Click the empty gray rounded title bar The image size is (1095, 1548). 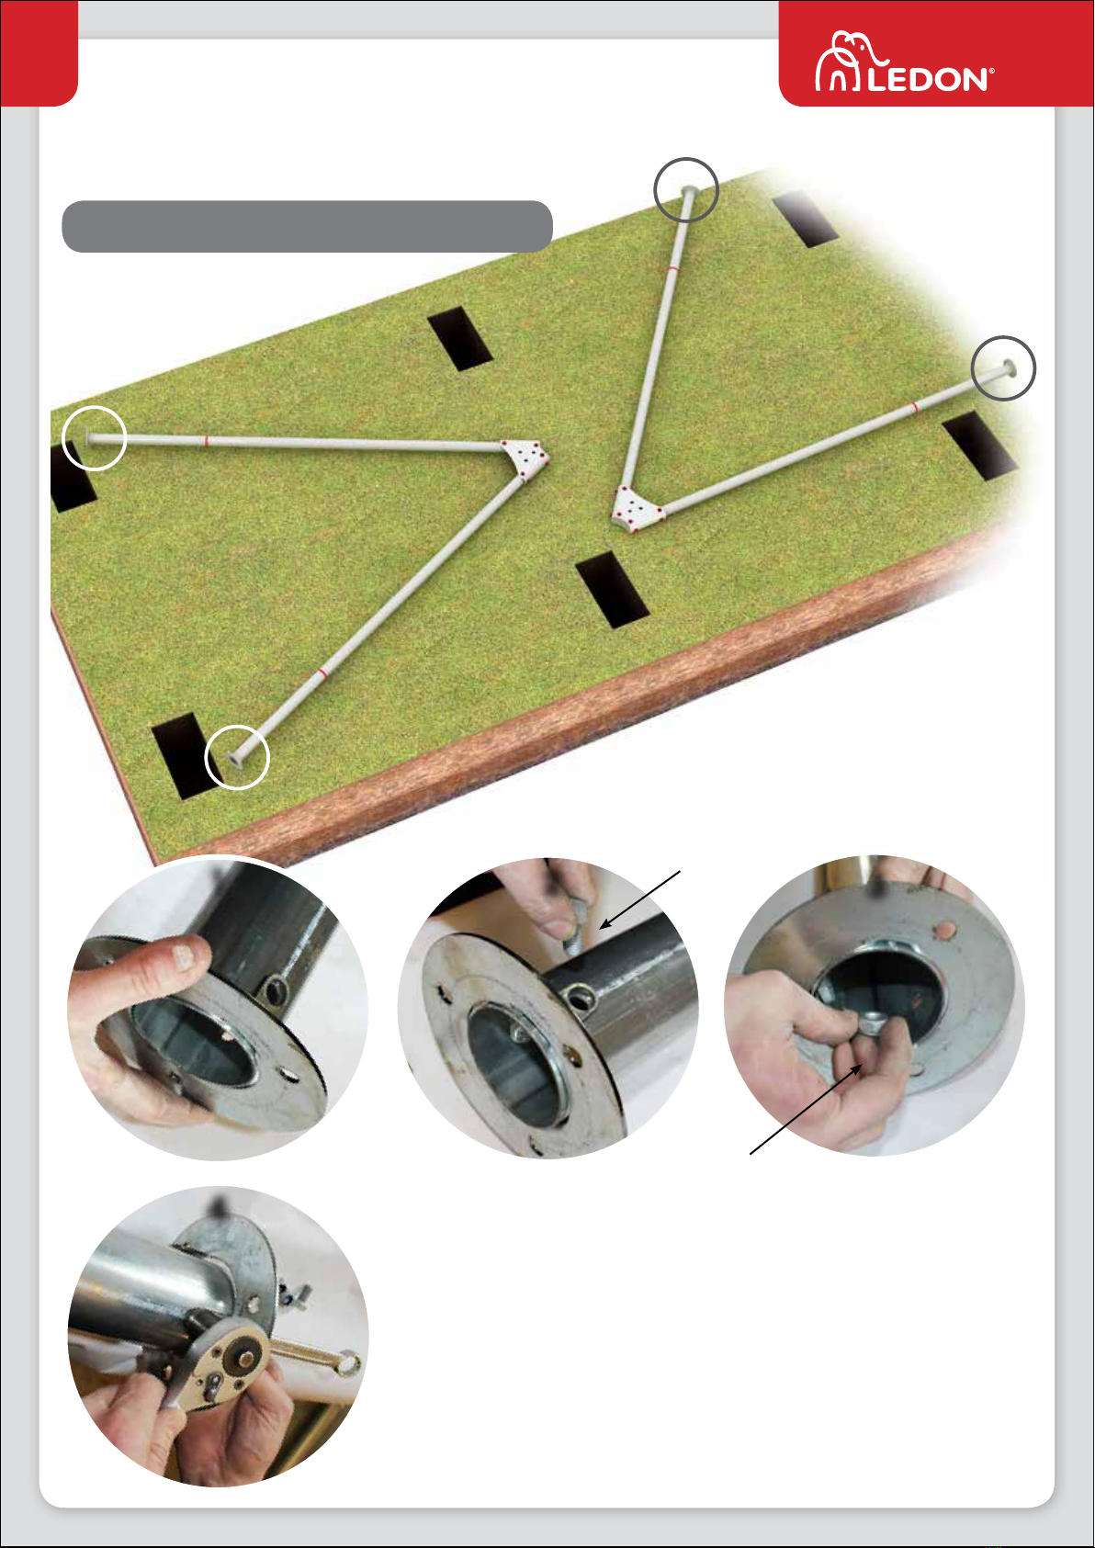coord(307,227)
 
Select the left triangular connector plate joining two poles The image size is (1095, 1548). coord(525,457)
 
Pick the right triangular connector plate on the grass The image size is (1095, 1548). coord(636,510)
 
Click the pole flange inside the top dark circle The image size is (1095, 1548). coord(689,190)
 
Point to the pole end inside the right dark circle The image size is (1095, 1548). coord(1009,367)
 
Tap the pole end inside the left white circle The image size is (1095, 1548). coord(88,436)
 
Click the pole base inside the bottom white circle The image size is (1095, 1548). coord(235,758)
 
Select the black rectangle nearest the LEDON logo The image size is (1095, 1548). coord(805,219)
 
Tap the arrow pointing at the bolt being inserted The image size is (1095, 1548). coord(640,899)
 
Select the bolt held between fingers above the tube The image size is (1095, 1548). coord(576,926)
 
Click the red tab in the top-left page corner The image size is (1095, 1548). coord(39,53)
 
